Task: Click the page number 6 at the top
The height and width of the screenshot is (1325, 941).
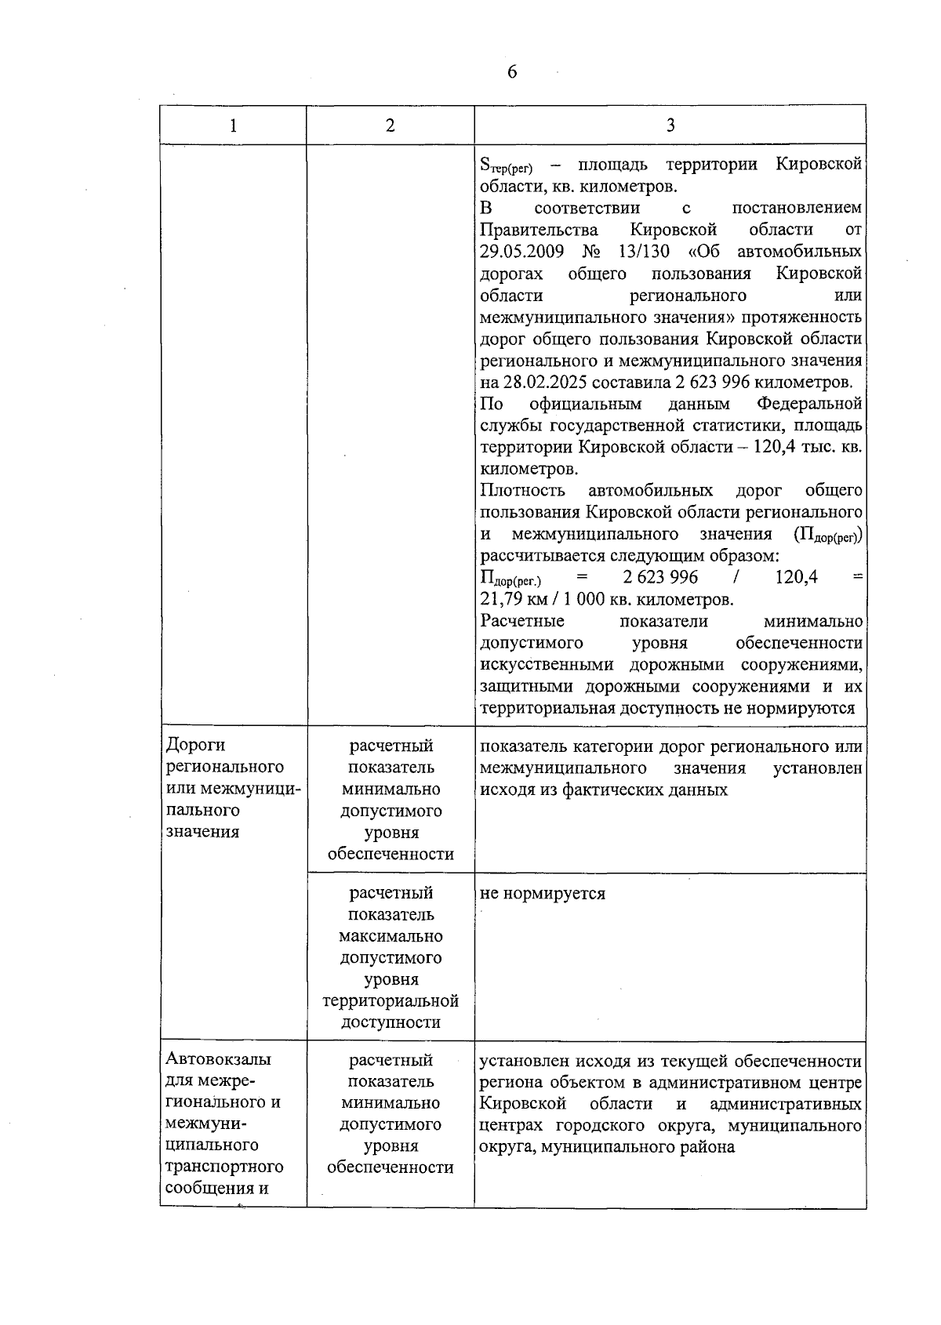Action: tap(512, 72)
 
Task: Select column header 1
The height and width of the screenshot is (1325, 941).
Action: tap(233, 125)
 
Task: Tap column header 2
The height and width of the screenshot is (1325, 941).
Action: tap(390, 125)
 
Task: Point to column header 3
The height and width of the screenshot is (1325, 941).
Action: tap(670, 125)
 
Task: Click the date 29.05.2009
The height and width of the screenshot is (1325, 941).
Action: tap(521, 252)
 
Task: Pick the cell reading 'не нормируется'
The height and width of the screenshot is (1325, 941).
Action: tap(542, 894)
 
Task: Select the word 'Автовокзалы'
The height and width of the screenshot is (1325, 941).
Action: tap(219, 1059)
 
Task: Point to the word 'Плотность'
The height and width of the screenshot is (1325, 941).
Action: tap(522, 491)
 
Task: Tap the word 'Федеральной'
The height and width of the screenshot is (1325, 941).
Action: tap(809, 404)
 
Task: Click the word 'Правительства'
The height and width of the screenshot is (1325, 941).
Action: tap(539, 230)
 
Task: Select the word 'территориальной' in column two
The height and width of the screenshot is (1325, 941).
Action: tap(391, 1001)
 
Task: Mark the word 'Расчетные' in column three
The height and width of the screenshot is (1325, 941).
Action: tap(522, 621)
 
